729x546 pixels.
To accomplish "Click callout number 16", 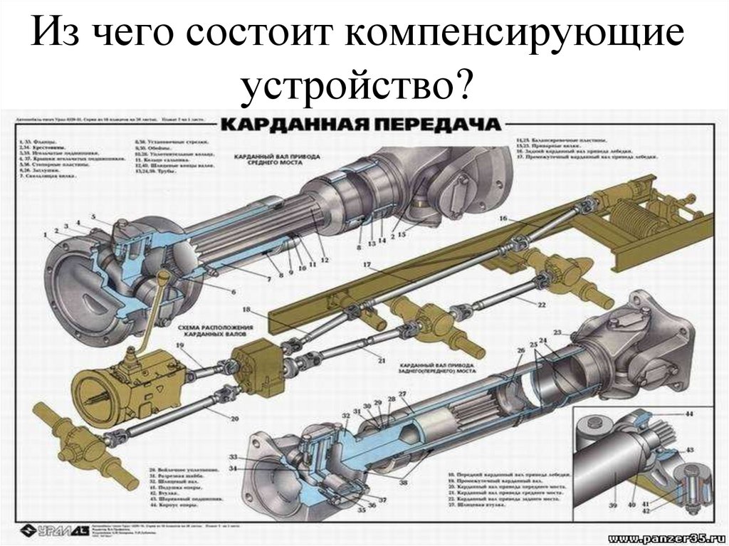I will (503, 217).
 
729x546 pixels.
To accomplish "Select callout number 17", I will (367, 266).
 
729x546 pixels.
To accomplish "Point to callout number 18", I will (246, 310).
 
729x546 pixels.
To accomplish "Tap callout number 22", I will (541, 305).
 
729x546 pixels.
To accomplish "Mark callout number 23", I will (557, 332).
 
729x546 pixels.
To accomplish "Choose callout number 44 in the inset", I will (689, 414).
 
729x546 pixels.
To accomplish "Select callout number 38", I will (404, 482).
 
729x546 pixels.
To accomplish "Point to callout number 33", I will (233, 456).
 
